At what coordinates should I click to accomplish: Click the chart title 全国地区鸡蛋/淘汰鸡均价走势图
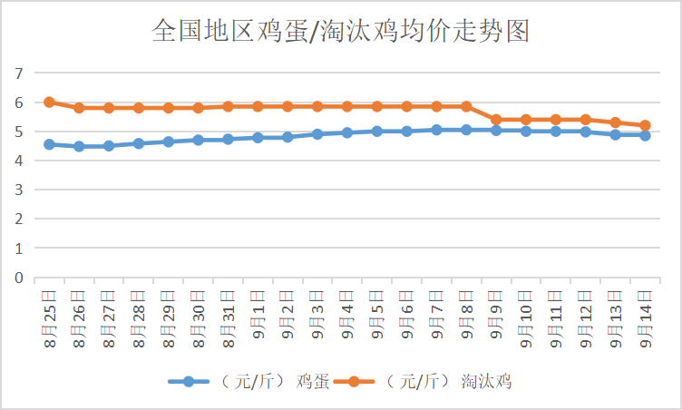point(340,32)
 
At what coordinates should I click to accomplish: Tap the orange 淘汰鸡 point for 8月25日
point(49,102)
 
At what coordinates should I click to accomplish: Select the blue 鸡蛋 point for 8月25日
point(49,144)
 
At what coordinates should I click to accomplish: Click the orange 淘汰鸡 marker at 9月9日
point(496,120)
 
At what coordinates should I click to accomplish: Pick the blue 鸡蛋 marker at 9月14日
point(645,135)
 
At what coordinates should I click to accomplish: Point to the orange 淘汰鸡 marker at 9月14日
point(645,125)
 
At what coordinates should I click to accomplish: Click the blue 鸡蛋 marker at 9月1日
point(258,138)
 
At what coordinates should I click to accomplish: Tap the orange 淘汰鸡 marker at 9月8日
point(466,106)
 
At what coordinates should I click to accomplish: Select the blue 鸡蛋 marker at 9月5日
point(377,132)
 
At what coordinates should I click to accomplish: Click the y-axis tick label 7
point(17,73)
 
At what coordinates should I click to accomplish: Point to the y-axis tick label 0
point(17,278)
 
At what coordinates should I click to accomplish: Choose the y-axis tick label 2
point(17,220)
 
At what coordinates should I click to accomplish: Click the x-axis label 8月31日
point(228,317)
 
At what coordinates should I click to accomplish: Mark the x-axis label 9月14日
point(645,317)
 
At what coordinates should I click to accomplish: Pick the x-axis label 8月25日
point(49,317)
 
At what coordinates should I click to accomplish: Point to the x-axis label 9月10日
point(526,317)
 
